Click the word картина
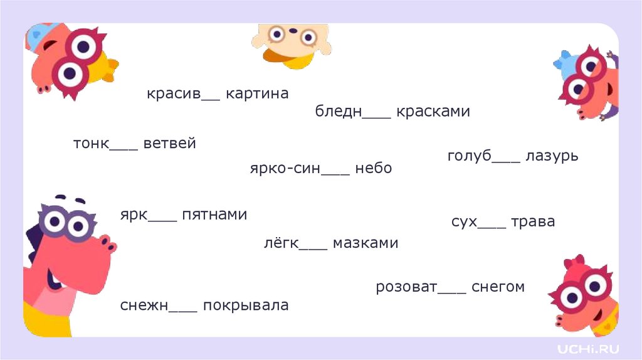[x=257, y=94]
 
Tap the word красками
[x=433, y=112]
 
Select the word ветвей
[x=170, y=144]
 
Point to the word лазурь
[x=552, y=156]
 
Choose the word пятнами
[x=214, y=215]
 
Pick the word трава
[x=533, y=222]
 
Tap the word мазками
[x=366, y=243]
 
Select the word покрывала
[x=246, y=306]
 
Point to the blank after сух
[x=492, y=226]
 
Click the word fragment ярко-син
[x=285, y=169]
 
